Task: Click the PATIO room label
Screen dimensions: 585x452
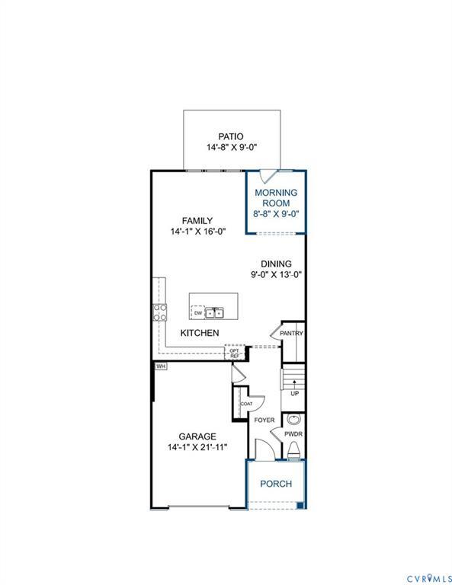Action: click(232, 136)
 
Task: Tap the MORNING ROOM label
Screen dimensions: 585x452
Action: click(276, 198)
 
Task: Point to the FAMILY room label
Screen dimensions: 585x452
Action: click(197, 221)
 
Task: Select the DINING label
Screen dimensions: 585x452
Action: click(276, 264)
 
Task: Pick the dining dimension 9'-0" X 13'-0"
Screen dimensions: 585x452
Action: click(276, 275)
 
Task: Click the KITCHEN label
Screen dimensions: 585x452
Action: click(200, 333)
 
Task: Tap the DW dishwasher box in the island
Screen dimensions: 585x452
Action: click(197, 312)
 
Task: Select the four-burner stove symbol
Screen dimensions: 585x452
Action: click(160, 311)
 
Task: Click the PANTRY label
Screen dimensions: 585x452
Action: click(291, 333)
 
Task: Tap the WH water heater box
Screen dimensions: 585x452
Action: click(160, 366)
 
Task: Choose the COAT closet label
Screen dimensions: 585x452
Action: click(246, 404)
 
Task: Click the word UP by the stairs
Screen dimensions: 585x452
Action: click(294, 394)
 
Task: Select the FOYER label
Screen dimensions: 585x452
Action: click(264, 420)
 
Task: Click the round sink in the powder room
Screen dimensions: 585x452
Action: click(294, 420)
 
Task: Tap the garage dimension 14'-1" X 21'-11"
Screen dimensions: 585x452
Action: click(197, 447)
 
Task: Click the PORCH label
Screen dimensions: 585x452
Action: click(275, 484)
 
